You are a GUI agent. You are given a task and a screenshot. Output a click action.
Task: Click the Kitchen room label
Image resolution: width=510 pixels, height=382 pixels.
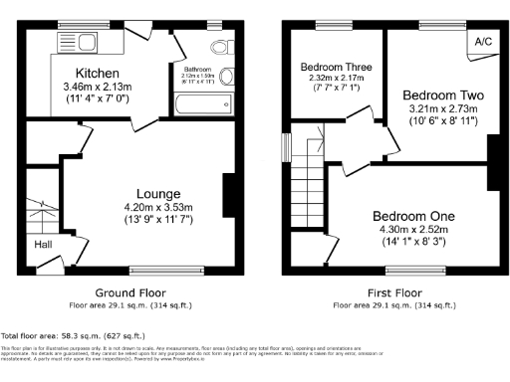pos(98,74)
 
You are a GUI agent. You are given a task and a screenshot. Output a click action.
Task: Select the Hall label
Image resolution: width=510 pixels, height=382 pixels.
pos(45,244)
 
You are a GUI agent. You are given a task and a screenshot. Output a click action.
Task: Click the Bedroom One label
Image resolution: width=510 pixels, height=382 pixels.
pos(413,216)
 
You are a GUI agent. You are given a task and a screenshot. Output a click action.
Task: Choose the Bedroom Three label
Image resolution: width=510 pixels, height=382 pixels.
pos(337,68)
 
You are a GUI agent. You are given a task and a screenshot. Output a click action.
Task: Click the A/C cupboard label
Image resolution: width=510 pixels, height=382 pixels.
pos(483,42)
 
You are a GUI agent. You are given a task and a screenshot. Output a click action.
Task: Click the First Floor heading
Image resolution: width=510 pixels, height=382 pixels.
pos(392,292)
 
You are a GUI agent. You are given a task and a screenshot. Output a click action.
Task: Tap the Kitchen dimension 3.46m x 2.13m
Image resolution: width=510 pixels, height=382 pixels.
pos(98,88)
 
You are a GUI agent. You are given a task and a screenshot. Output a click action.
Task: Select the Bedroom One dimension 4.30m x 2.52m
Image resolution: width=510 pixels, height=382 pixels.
pos(413,230)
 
